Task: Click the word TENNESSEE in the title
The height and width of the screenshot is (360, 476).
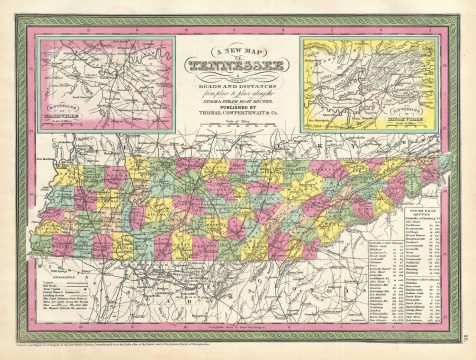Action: (238, 67)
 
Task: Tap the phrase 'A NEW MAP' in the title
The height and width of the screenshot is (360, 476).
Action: (238, 52)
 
